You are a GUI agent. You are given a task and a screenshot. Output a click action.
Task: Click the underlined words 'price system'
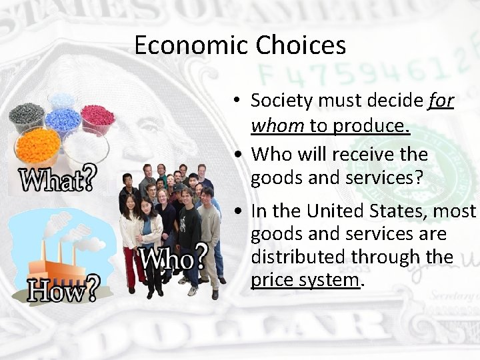coord(305,279)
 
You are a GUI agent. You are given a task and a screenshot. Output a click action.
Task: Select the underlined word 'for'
coord(441,101)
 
